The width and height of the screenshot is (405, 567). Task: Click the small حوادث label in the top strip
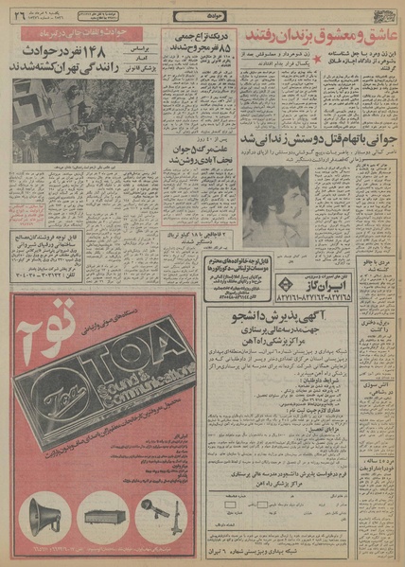coord(204,15)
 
